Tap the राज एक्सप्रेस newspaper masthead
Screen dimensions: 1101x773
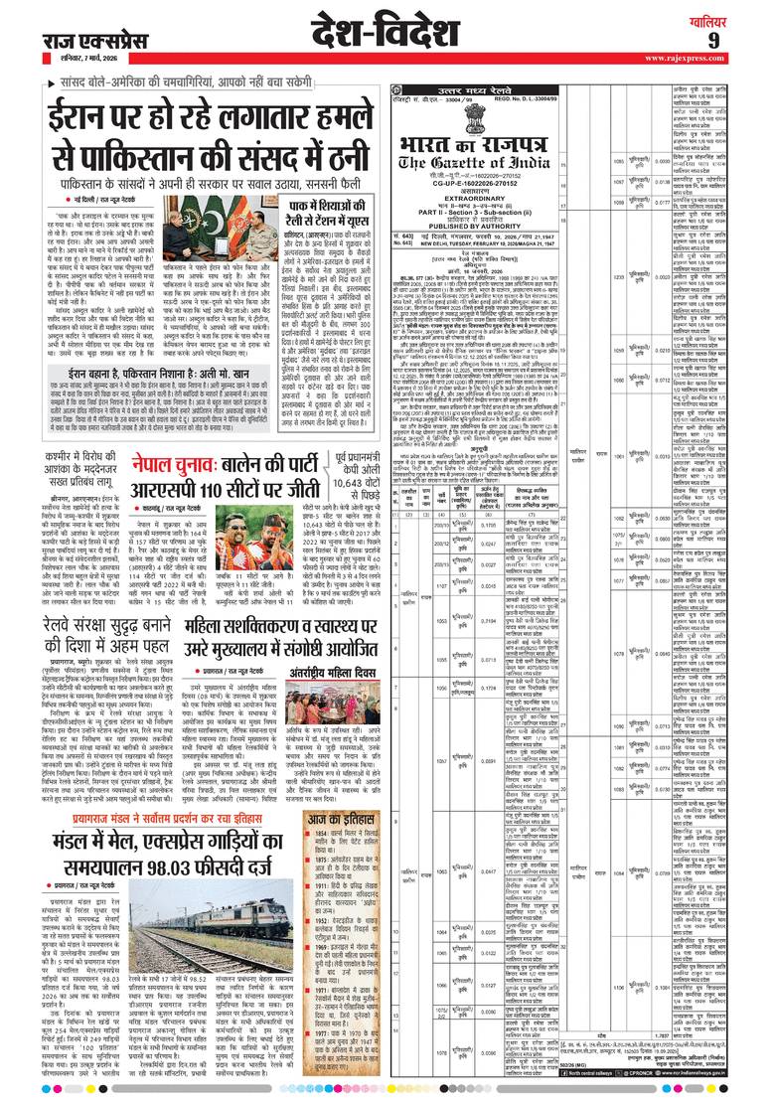(90, 39)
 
